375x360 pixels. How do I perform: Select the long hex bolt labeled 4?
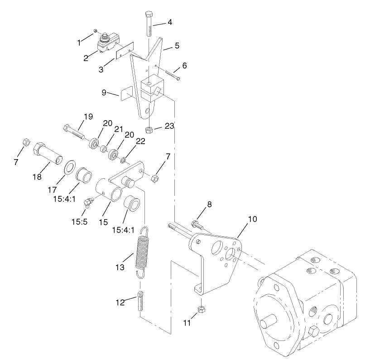149,25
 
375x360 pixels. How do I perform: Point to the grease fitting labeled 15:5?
87,200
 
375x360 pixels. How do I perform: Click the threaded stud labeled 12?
140,302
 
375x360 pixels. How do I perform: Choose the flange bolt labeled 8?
197,224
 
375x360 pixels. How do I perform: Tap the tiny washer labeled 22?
123,160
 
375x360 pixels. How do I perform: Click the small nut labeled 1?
95,31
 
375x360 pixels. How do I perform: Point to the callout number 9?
104,93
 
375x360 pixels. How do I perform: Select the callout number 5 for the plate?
177,45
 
